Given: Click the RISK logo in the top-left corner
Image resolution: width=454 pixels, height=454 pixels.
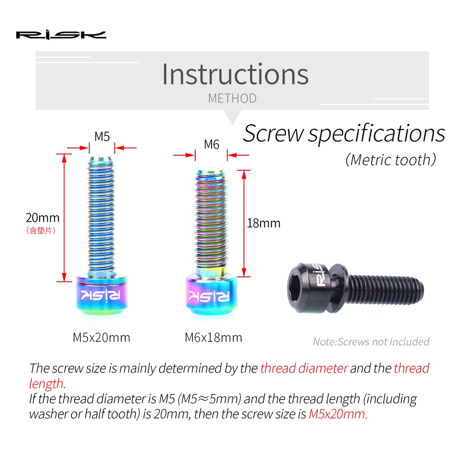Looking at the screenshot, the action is pyautogui.click(x=61, y=35).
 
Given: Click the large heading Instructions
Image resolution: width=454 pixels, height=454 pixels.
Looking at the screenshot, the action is pyautogui.click(x=235, y=74).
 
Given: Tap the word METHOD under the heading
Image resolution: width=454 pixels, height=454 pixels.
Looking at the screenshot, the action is pyautogui.click(x=232, y=98).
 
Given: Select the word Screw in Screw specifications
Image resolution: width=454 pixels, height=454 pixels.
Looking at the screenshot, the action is pyautogui.click(x=273, y=133).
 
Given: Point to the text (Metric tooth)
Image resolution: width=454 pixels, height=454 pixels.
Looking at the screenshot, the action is pyautogui.click(x=390, y=159).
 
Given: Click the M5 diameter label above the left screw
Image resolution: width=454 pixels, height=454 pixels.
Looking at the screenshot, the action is pyautogui.click(x=102, y=136).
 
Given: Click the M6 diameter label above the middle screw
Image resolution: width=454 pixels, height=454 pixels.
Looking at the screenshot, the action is pyautogui.click(x=212, y=144).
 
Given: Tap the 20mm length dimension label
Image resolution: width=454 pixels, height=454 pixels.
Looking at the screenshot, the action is pyautogui.click(x=42, y=218).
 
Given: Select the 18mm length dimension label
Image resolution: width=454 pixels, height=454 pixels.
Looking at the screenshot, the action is pyautogui.click(x=263, y=223).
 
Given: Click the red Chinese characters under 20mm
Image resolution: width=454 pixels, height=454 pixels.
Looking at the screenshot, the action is pyautogui.click(x=42, y=231).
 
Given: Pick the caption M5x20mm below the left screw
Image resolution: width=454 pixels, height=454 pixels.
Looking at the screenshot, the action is pyautogui.click(x=101, y=338).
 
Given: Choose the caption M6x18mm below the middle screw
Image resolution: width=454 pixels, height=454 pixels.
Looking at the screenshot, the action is pyautogui.click(x=213, y=338).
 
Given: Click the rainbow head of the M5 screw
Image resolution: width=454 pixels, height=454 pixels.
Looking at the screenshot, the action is pyautogui.click(x=102, y=296).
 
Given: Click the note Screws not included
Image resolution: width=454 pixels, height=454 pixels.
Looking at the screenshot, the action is pyautogui.click(x=371, y=342).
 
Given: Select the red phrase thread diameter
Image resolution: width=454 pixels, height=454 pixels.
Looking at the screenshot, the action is pyautogui.click(x=304, y=368).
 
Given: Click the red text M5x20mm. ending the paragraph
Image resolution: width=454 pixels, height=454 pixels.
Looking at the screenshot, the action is pyautogui.click(x=338, y=414).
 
